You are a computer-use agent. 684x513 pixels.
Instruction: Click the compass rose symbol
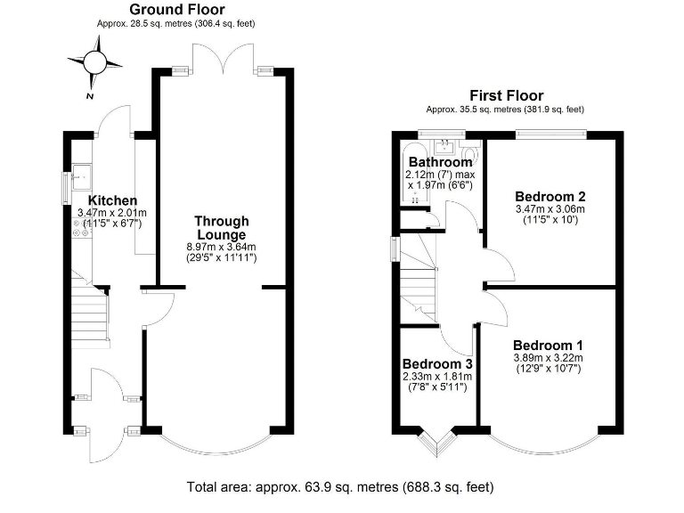(93, 62)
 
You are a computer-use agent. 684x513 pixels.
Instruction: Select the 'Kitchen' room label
(112, 200)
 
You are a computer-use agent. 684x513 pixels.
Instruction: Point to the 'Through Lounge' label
(222, 227)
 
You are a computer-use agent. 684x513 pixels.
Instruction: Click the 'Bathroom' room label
(440, 162)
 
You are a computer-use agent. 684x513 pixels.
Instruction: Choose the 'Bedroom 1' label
(548, 345)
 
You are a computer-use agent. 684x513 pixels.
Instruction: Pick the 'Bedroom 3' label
(437, 364)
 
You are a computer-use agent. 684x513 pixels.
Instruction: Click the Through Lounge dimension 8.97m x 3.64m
(222, 247)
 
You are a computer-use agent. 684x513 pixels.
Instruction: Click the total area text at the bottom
(340, 487)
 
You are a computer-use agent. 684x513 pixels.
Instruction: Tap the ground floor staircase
(89, 316)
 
